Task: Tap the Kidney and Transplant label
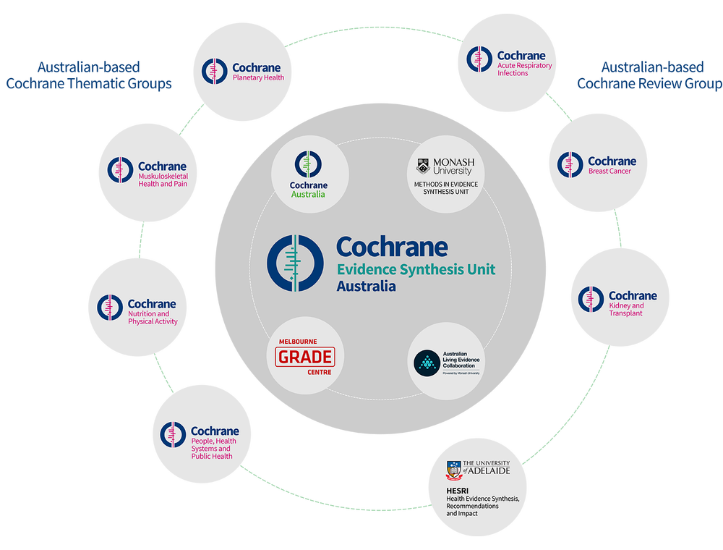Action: click(x=626, y=310)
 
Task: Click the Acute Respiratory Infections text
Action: click(x=524, y=69)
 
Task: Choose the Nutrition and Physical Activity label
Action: click(x=149, y=318)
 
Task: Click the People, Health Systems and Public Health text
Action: click(x=213, y=449)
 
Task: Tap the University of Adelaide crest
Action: click(x=454, y=470)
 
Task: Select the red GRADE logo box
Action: click(x=305, y=356)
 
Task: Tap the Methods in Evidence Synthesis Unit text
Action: click(x=446, y=188)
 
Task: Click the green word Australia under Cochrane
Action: click(x=308, y=194)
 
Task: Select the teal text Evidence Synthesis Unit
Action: click(x=416, y=269)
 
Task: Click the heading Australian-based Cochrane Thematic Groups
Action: click(x=88, y=75)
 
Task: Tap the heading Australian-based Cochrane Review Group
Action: click(x=649, y=75)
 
